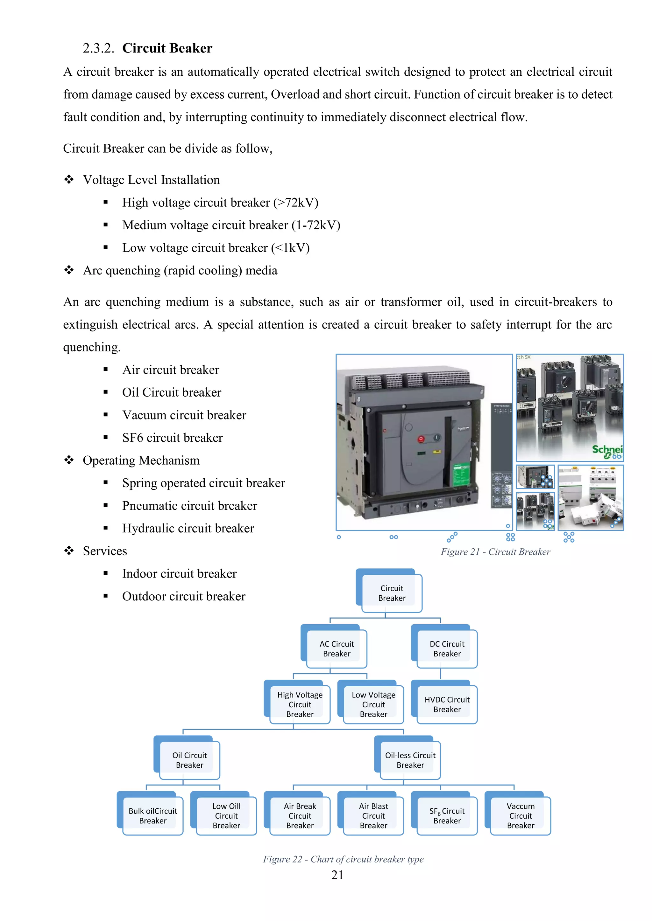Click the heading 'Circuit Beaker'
coord(167,48)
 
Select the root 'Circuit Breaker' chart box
coord(392,593)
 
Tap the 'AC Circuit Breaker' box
coord(337,649)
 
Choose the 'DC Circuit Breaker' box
coord(447,649)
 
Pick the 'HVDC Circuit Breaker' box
coord(447,704)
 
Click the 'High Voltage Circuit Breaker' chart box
coord(300,704)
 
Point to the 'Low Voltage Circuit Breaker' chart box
coord(373,704)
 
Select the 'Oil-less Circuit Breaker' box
coord(410,760)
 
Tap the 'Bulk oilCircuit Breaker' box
coord(152,816)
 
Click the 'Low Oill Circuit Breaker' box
coord(226,816)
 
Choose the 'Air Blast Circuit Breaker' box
coord(373,816)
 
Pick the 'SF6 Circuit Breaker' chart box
coord(447,816)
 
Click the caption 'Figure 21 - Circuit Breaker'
coord(495,552)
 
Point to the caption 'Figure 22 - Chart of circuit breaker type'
coord(343,859)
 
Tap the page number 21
coord(337,875)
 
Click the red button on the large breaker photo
coord(421,439)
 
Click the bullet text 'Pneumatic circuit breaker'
coord(189,506)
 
